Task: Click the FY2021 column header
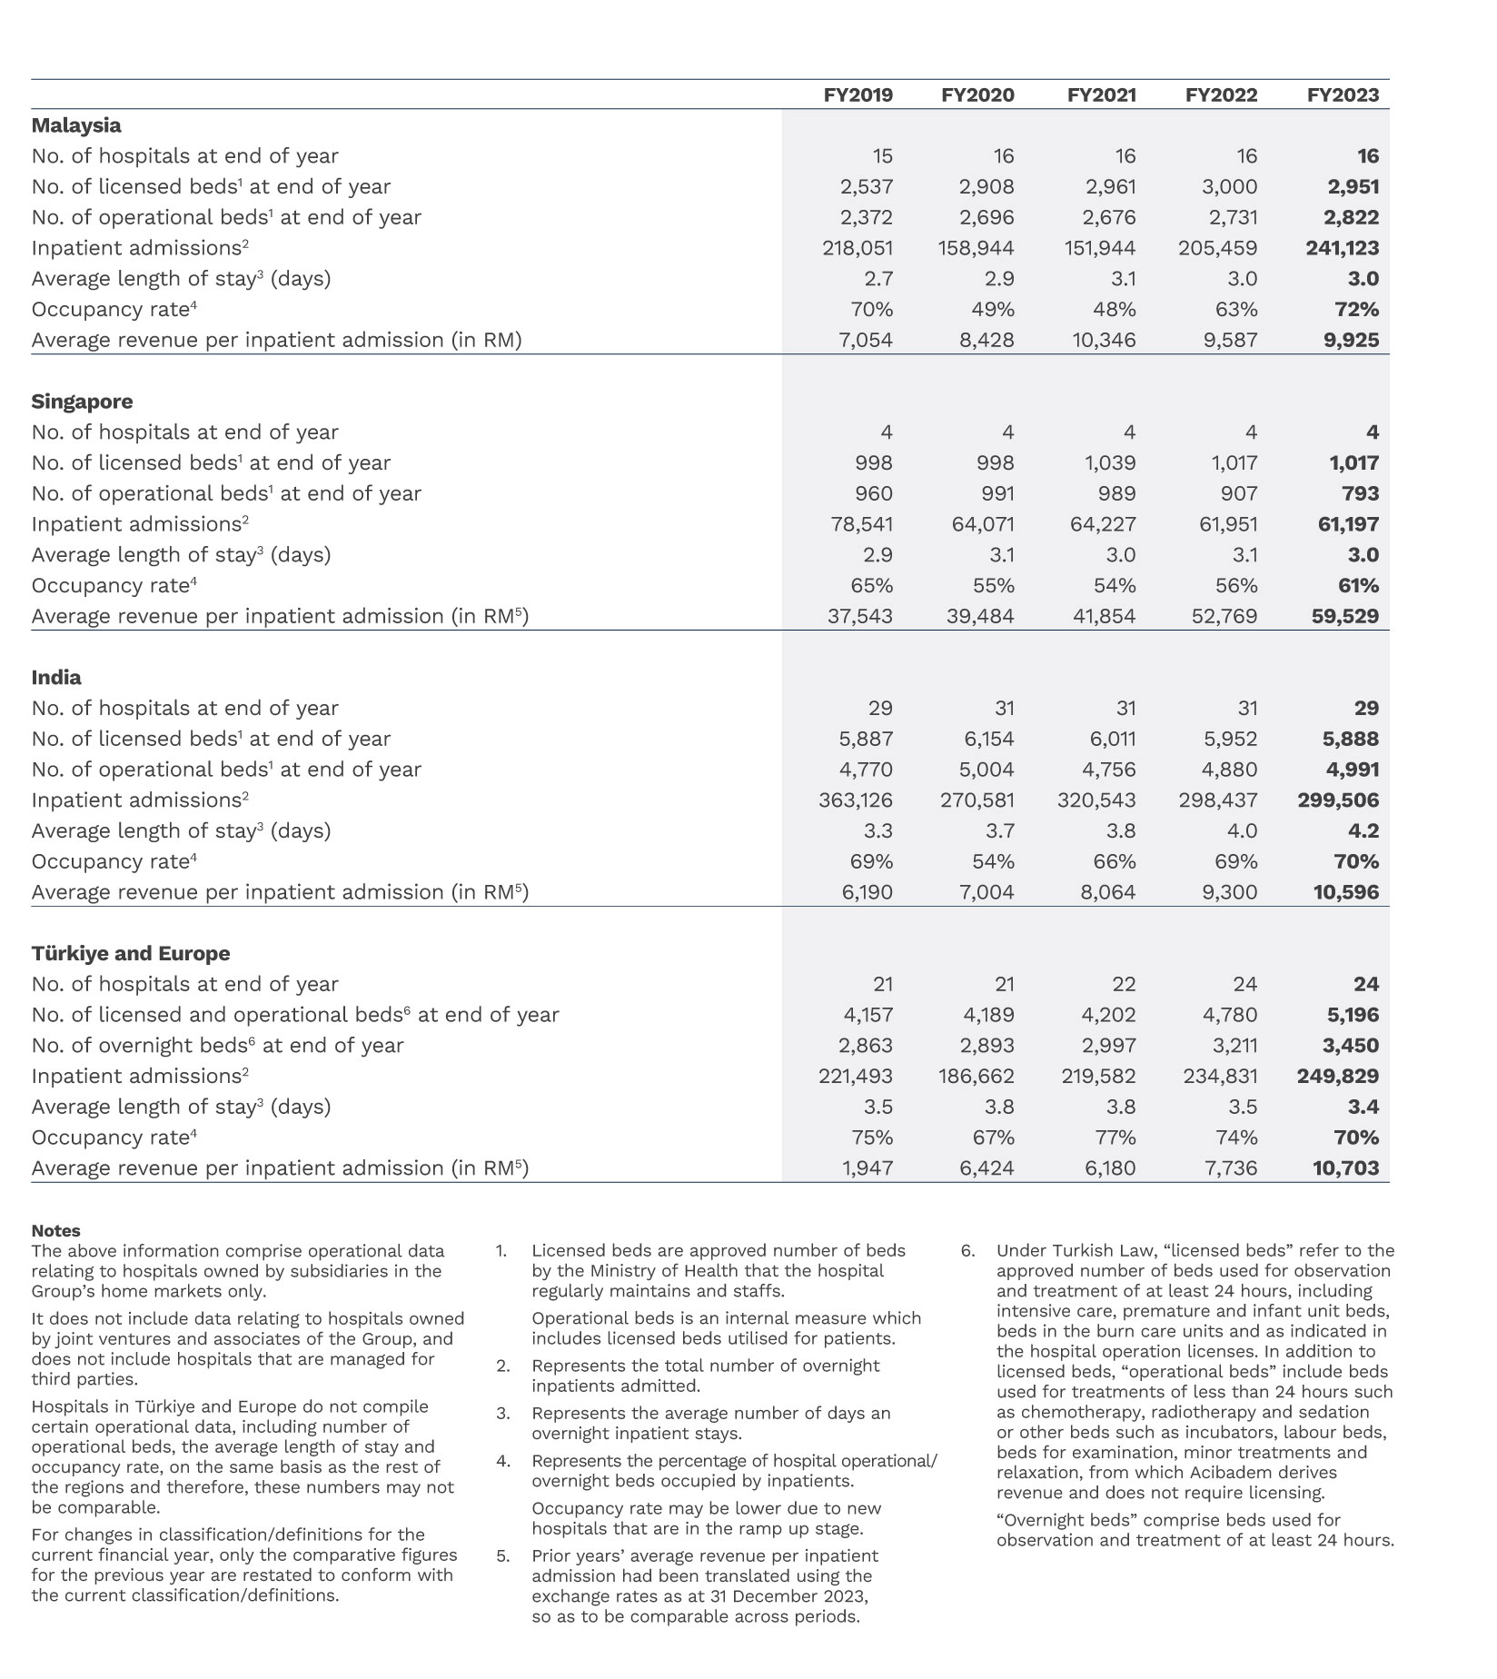coord(1101,95)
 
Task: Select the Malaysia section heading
coord(76,125)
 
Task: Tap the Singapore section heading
coord(82,402)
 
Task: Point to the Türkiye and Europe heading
coord(130,953)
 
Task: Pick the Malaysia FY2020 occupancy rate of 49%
coord(992,309)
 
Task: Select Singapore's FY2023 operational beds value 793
coord(1359,493)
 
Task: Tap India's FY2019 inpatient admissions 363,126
coord(856,800)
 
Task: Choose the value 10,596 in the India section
coord(1345,892)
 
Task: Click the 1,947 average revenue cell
coord(868,1168)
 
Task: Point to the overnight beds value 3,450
coord(1350,1046)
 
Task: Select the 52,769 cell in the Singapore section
coord(1224,616)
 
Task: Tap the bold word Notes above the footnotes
coord(55,1230)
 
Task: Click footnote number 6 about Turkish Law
coord(968,1250)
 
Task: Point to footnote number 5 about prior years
coord(502,1555)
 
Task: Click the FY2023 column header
coord(1342,95)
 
